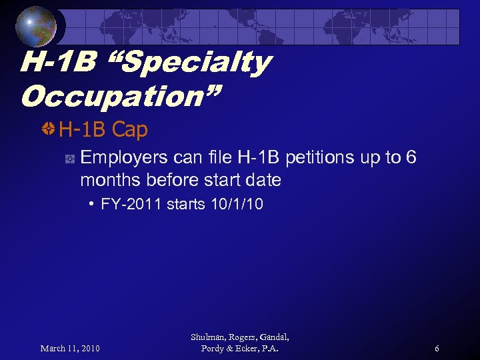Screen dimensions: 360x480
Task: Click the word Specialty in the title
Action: click(188, 63)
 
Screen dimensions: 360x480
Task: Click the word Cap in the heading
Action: click(129, 129)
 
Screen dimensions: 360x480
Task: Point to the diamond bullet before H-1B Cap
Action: click(48, 129)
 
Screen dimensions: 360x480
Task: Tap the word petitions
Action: click(321, 158)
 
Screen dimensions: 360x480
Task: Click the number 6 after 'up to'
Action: click(411, 158)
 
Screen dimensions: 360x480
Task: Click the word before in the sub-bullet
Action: click(165, 180)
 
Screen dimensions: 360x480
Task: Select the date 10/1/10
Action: click(236, 205)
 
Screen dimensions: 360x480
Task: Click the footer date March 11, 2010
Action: click(70, 349)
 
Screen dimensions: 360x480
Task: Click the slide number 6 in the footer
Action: click(437, 349)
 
